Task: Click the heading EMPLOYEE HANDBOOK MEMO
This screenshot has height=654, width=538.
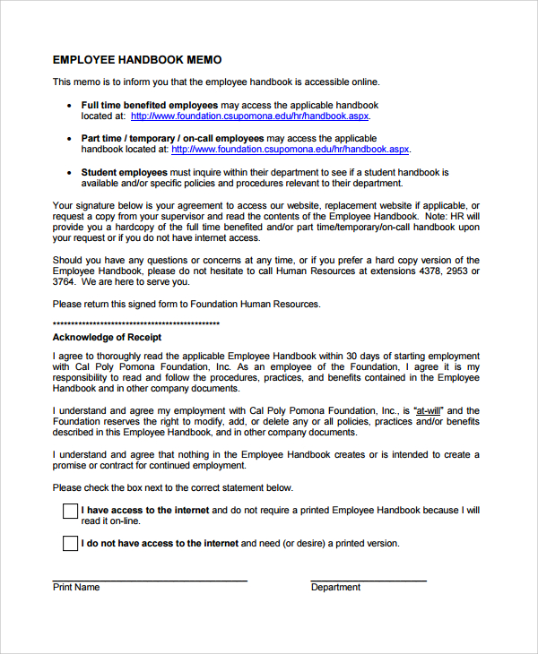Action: (x=137, y=60)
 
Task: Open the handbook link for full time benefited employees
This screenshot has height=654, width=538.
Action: (x=249, y=116)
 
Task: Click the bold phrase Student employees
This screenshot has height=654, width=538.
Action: (x=124, y=172)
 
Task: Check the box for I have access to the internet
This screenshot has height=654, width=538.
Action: (x=70, y=512)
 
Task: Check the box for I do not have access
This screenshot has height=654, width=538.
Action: (x=70, y=543)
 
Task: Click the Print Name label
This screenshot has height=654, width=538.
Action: (x=76, y=588)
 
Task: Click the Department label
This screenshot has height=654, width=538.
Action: (x=335, y=588)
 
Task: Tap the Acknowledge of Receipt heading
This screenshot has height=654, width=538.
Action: (x=107, y=338)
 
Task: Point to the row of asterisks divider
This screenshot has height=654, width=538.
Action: (x=136, y=323)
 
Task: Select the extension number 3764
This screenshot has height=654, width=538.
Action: (x=65, y=282)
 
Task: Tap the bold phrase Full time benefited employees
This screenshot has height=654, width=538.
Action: (x=150, y=106)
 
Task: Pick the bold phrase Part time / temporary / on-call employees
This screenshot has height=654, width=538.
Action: (x=172, y=139)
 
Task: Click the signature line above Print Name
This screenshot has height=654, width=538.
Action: (x=150, y=581)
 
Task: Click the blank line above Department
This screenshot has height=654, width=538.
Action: (x=369, y=581)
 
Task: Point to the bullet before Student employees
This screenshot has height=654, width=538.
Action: (x=70, y=172)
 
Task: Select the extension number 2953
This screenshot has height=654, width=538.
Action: (x=459, y=271)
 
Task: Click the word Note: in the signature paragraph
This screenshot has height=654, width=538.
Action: (x=434, y=217)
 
